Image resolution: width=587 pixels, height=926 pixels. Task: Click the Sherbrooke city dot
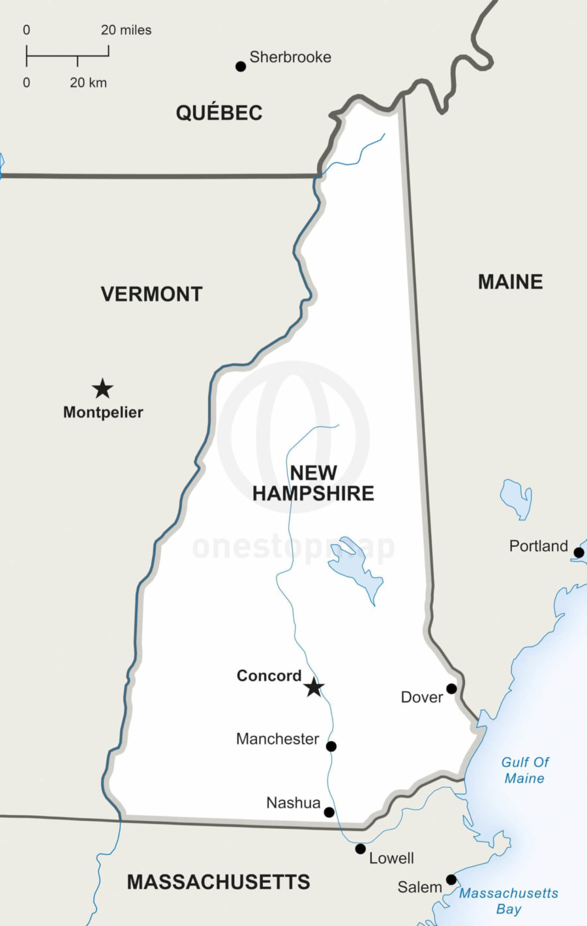click(241, 66)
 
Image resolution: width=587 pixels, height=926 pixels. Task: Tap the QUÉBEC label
click(219, 113)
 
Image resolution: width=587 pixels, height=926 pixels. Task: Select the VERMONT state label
click(151, 294)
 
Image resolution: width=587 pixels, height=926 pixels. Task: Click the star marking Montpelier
click(102, 389)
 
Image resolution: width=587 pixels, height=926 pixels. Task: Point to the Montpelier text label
click(103, 412)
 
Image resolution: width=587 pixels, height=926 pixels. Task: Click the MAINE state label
click(510, 282)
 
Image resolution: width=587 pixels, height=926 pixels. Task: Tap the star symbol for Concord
click(314, 687)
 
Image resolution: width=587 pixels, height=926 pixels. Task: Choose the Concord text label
click(269, 676)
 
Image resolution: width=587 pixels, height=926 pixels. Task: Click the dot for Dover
click(451, 689)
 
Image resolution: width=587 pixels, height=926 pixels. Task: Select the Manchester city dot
click(331, 746)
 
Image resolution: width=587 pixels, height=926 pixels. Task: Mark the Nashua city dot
click(329, 812)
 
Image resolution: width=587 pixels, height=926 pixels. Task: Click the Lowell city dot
click(360, 848)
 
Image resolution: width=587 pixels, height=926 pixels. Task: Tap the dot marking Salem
click(451, 880)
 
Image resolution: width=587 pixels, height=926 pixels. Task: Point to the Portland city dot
click(579, 552)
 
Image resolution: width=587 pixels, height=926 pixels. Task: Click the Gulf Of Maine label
click(524, 769)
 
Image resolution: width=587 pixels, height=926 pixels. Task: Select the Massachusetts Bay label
click(509, 901)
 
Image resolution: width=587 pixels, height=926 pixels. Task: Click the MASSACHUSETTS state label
click(218, 882)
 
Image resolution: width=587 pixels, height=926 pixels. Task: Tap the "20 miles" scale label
click(126, 30)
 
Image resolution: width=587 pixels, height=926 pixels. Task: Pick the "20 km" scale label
click(88, 83)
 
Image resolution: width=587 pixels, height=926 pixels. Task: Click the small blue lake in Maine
click(517, 499)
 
